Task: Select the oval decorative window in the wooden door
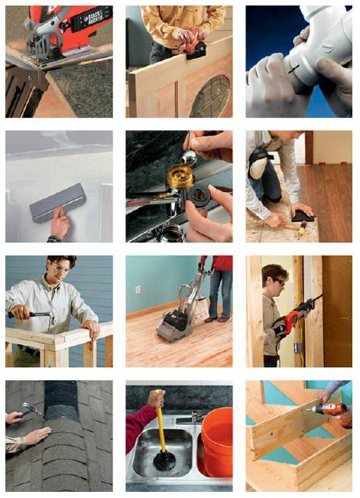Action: pyautogui.click(x=208, y=98)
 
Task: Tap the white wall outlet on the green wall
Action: pyautogui.click(x=138, y=289)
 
